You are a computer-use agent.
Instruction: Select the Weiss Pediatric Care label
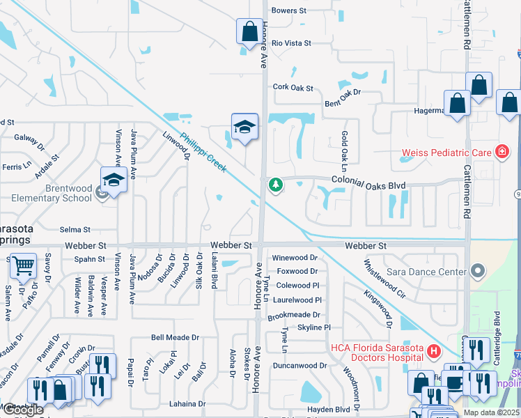[x=446, y=152]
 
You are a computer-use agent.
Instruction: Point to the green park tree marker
[x=276, y=185]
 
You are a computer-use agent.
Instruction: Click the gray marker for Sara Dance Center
[x=477, y=270]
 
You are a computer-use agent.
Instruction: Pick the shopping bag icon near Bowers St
[x=249, y=32]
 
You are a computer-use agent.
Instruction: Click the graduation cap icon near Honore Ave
[x=244, y=127]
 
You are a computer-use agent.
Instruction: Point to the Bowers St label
[x=289, y=10]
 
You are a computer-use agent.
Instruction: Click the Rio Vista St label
[x=291, y=43]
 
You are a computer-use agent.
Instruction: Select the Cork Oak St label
[x=293, y=88]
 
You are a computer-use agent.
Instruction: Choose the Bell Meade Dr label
[x=176, y=337]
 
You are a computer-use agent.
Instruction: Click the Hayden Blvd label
[x=327, y=410]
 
